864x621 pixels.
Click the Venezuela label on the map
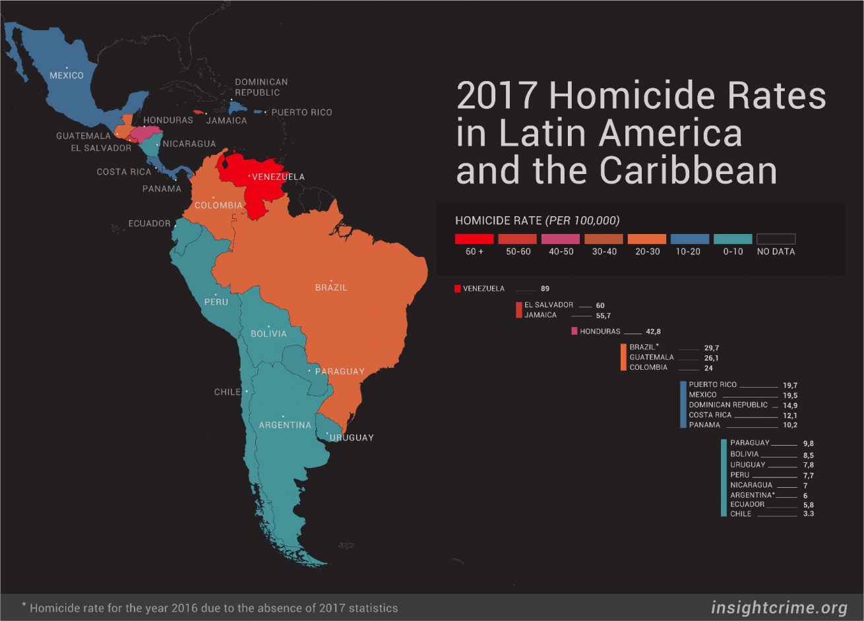(278, 177)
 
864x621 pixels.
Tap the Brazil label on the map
(331, 288)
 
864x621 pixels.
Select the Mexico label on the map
(67, 75)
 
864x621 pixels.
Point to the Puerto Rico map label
(301, 112)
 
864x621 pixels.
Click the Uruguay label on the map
(352, 438)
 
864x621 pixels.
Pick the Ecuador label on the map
(149, 223)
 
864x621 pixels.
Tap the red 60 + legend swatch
(474, 239)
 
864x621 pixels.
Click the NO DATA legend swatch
(776, 239)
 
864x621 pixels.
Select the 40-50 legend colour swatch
(561, 239)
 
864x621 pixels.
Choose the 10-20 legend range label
(690, 252)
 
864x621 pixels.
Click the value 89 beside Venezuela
(545, 289)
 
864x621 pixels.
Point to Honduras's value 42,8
(654, 332)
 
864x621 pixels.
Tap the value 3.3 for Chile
(809, 514)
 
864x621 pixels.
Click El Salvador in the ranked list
(549, 305)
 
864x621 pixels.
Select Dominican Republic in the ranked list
(728, 405)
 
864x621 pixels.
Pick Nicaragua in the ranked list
(751, 485)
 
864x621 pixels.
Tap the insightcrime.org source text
(779, 607)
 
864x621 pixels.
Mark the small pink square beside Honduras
(574, 331)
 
